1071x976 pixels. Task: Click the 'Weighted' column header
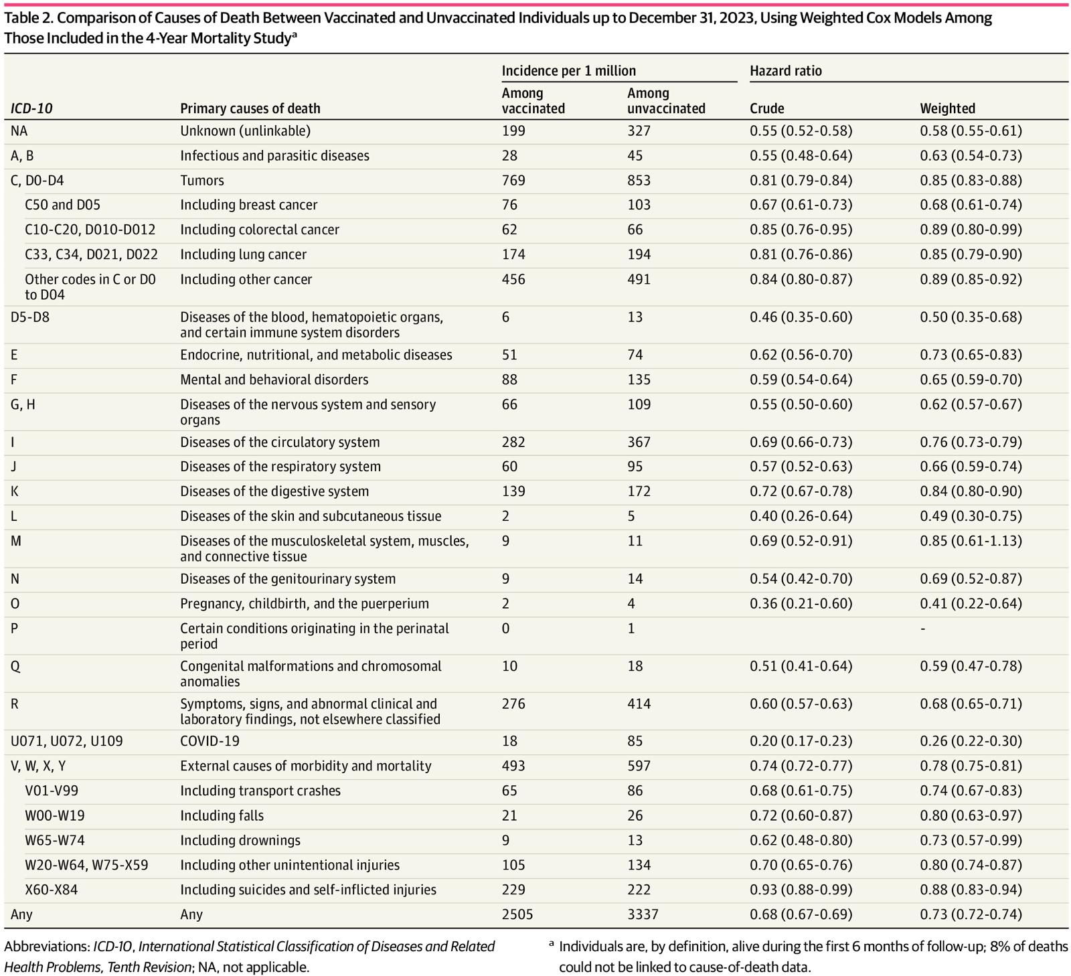click(947, 108)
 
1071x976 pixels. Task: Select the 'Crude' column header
click(766, 108)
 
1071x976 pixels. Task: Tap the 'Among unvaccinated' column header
click(665, 100)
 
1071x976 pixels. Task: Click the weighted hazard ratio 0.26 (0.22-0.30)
click(971, 741)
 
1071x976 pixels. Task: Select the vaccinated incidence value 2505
click(517, 914)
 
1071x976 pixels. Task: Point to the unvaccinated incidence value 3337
click(643, 914)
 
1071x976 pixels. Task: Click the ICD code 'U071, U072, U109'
click(66, 741)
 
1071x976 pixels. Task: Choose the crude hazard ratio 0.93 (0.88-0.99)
click(801, 890)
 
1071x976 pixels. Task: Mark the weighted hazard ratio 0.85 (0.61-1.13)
click(971, 541)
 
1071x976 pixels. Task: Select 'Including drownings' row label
click(240, 840)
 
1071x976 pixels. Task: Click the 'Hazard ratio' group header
click(785, 71)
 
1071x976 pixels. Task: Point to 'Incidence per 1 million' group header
click(568, 71)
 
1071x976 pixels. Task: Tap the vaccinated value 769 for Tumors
click(513, 180)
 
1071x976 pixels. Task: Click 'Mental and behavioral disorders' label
click(274, 380)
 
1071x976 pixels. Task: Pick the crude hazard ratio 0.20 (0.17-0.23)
click(801, 741)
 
